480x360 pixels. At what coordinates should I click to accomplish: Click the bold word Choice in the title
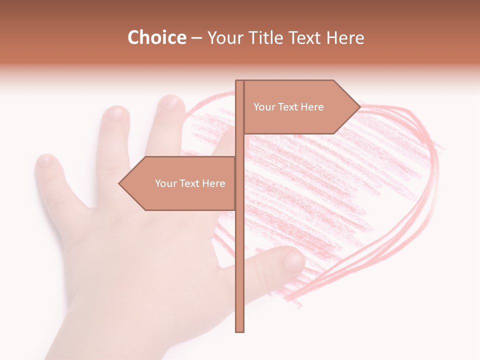tap(156, 38)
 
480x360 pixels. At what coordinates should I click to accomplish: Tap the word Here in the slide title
tap(345, 38)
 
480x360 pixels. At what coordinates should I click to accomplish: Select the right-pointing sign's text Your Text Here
tap(288, 107)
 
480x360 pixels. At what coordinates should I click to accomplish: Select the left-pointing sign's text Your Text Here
tap(190, 183)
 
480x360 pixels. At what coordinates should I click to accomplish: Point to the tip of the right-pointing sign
tap(360, 106)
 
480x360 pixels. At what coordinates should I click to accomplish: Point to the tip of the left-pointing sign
tap(119, 183)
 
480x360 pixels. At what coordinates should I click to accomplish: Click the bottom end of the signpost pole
tap(239, 330)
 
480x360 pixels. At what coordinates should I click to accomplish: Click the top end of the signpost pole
tap(239, 81)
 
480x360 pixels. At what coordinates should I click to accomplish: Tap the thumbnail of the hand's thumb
tap(293, 260)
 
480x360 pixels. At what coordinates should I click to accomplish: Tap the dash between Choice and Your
tap(196, 38)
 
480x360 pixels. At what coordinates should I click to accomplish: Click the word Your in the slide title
tap(224, 38)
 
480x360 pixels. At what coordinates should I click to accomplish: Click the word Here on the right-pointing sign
tap(312, 107)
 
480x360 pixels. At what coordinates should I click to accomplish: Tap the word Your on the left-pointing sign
tap(165, 183)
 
